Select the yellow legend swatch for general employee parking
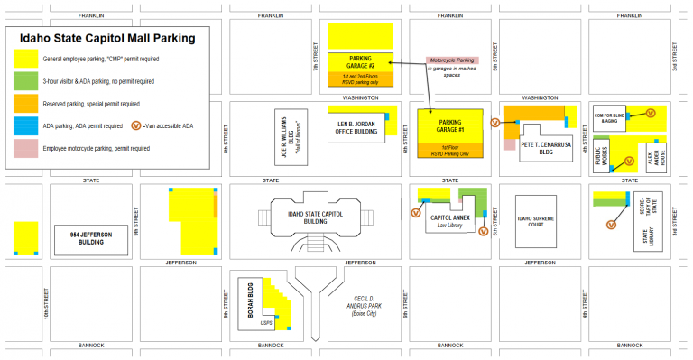click(x=23, y=60)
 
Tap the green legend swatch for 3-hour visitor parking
click(x=23, y=82)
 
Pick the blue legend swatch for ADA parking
click(x=23, y=126)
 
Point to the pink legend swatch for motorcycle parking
click(x=23, y=149)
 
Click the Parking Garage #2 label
click(x=361, y=60)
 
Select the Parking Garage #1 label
click(x=450, y=125)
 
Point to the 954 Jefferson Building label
click(x=91, y=237)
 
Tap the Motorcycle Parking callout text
click(x=452, y=63)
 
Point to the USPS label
click(x=266, y=322)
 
